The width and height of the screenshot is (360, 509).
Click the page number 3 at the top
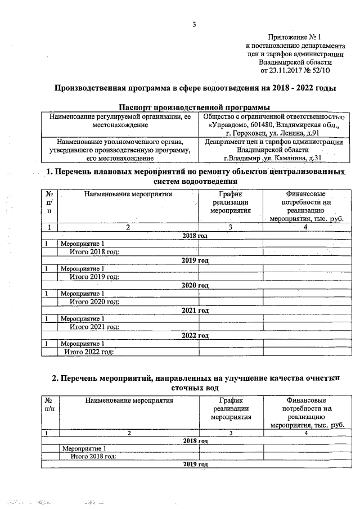click(194, 24)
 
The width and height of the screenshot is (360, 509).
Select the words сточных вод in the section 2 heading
click(194, 388)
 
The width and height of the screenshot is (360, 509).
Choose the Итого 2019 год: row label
click(94, 276)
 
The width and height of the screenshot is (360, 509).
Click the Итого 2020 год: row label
click(94, 301)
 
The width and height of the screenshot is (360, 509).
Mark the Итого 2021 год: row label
click(94, 327)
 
